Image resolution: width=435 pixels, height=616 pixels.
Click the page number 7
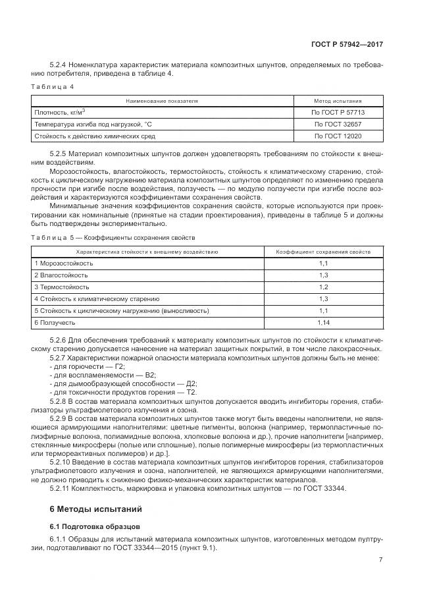tap(381, 560)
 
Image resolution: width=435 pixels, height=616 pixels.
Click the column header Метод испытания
tap(338, 101)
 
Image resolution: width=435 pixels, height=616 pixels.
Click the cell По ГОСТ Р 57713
tap(338, 112)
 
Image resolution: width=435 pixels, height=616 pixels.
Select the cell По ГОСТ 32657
tap(338, 124)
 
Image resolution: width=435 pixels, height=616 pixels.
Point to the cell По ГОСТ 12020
tap(338, 136)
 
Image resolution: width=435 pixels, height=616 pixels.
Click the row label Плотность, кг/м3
tap(61, 112)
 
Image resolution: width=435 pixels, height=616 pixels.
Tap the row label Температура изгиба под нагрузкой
tap(93, 124)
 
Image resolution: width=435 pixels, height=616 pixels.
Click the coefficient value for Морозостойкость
tap(323, 263)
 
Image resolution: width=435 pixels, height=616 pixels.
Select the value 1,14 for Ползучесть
tap(323, 322)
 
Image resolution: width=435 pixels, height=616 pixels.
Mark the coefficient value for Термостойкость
tap(323, 287)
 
